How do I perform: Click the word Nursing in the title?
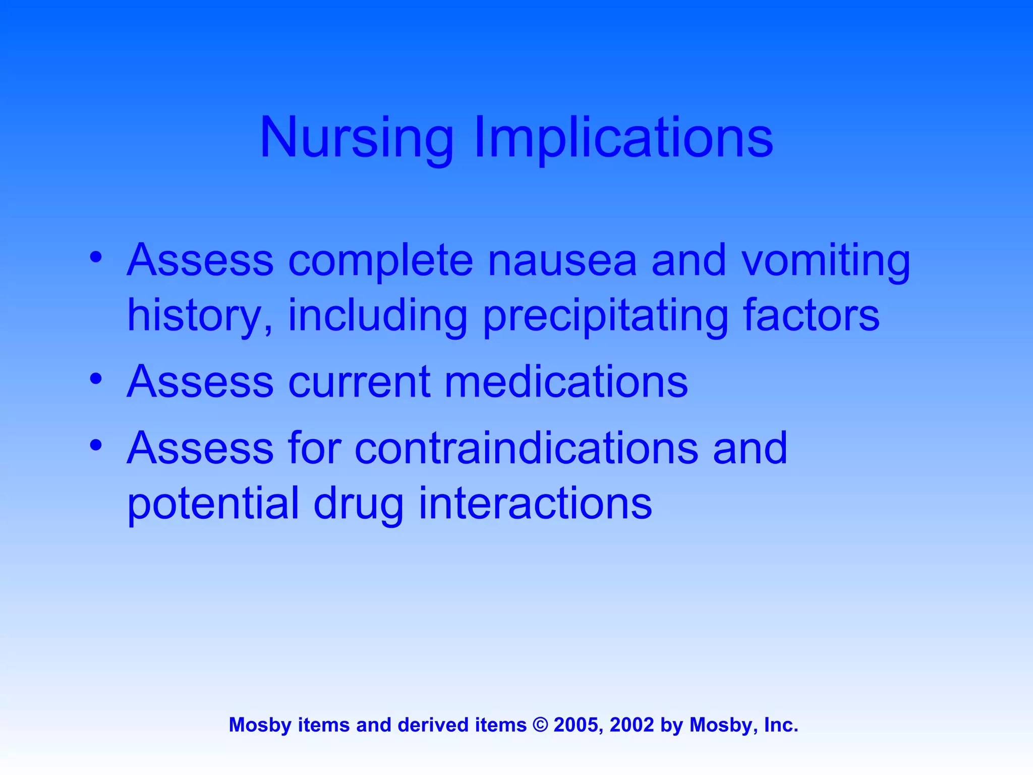tap(356, 137)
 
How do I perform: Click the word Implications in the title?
tap(623, 137)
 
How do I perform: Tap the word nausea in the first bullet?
tap(562, 260)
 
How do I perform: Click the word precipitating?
tap(605, 316)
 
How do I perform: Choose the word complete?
tap(380, 260)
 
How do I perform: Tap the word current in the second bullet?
tap(359, 381)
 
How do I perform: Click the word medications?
tap(566, 381)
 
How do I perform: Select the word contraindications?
tap(526, 448)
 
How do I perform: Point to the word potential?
tap(213, 504)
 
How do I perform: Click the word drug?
tap(358, 504)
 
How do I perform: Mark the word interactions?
tap(535, 504)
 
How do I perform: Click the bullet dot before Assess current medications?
tap(96, 379)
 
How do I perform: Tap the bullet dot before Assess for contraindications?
tap(96, 446)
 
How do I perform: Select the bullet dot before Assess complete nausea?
tap(96, 258)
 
